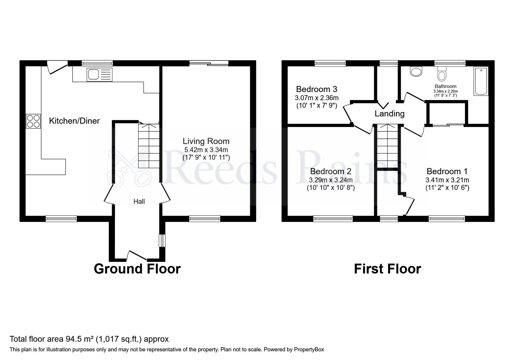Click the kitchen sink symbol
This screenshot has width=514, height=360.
[99, 74]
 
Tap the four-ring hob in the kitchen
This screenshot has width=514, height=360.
[33, 121]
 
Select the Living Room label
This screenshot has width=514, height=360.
[206, 141]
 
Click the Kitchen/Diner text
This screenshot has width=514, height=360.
[74, 121]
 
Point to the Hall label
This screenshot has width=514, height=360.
[139, 201]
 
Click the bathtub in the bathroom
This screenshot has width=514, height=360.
[481, 81]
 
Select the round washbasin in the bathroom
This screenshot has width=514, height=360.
[416, 71]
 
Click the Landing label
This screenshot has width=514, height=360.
[389, 114]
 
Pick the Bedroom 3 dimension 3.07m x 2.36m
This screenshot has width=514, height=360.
[317, 98]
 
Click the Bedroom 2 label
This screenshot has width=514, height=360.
[331, 171]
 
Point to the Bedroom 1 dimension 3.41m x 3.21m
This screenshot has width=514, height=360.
[447, 180]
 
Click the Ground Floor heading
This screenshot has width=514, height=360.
[137, 269]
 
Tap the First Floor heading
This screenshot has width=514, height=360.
[387, 269]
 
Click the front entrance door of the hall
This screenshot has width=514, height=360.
[137, 255]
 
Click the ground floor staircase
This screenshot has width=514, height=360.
[149, 146]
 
